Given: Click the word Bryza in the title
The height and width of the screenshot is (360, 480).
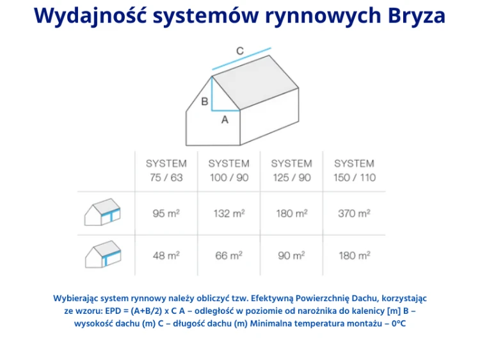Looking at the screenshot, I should click(417, 15).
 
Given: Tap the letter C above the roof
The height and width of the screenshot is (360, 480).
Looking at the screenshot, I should click(239, 51).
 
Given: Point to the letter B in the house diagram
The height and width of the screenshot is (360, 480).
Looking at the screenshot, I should click(205, 101).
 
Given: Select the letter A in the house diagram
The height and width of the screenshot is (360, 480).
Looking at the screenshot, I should click(225, 119).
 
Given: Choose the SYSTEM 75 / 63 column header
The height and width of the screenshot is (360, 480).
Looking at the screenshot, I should click(166, 170).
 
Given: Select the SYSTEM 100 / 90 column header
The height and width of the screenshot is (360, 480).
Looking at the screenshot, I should click(228, 170).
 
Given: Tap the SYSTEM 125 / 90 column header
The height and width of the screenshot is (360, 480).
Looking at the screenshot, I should click(291, 170).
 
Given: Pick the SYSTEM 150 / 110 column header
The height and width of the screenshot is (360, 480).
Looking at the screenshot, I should click(354, 170).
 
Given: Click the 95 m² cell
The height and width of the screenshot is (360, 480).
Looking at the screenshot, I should click(166, 213).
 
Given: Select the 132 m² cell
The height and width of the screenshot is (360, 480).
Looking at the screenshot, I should click(228, 213).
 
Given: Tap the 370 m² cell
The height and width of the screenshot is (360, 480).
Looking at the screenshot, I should click(354, 213).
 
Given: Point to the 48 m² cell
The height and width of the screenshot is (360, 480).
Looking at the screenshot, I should click(166, 256).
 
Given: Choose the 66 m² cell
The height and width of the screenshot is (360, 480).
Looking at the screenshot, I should click(228, 256).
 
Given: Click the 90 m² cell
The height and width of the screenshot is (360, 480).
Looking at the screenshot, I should click(291, 256).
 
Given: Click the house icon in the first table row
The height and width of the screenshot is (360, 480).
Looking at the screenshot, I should click(102, 213).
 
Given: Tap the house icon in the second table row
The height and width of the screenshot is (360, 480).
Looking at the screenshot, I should click(102, 255).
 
